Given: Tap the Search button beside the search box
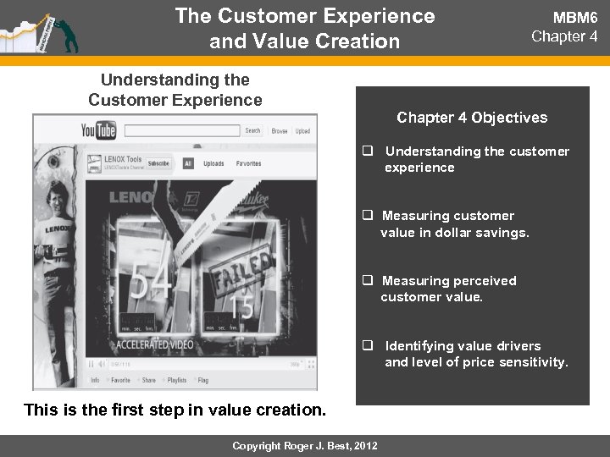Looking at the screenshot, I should coord(252,131).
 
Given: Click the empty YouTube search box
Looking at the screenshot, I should coord(181,131).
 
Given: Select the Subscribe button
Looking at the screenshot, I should coord(158,162).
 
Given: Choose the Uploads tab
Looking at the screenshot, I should coord(213,162).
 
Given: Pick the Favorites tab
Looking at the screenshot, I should coord(248,162).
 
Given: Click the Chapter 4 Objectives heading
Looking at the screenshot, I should coord(472,118).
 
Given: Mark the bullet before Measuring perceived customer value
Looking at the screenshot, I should coord(369,281).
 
